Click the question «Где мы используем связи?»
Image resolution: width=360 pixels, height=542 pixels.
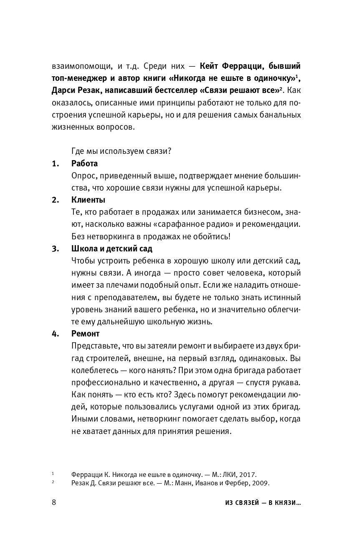pyautogui.click(x=121, y=151)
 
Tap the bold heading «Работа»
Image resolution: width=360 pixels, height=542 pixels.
pyautogui.click(x=85, y=163)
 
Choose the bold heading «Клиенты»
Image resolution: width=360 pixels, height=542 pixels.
pyautogui.click(x=88, y=200)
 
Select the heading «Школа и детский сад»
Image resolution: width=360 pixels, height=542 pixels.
pyautogui.click(x=112, y=248)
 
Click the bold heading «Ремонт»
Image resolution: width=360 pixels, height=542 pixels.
pyautogui.click(x=86, y=334)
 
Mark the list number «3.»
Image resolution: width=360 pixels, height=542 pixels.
pyautogui.click(x=56, y=248)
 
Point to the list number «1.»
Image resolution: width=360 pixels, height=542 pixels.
pyautogui.click(x=56, y=163)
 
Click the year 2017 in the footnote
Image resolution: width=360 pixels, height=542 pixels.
pyautogui.click(x=248, y=474)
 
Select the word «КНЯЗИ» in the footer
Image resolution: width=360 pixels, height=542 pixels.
pyautogui.click(x=284, y=503)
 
